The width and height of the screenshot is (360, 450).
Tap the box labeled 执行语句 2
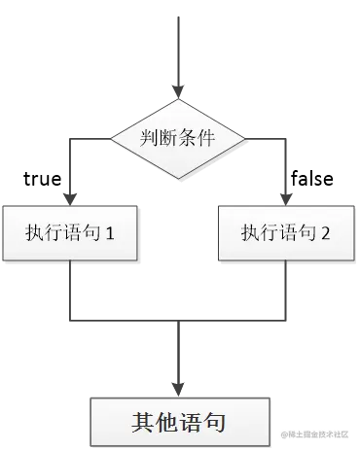tap(286, 232)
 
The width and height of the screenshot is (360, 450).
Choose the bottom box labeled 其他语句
tap(179, 422)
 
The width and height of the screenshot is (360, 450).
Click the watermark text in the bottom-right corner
tap(315, 433)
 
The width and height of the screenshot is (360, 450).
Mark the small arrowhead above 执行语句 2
tap(284, 193)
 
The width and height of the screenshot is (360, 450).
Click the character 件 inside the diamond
tap(210, 139)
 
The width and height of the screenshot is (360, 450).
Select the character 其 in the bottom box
tap(142, 423)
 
